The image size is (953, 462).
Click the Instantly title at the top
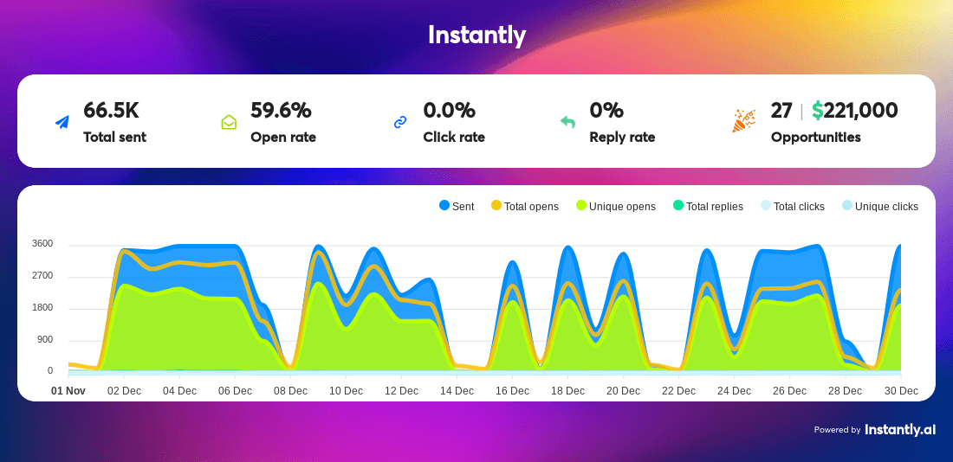(x=476, y=35)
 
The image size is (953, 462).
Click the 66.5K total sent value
(x=111, y=111)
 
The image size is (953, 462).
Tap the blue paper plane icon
(x=62, y=123)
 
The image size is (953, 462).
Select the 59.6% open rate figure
(x=281, y=111)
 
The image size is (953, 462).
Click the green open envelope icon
(x=229, y=123)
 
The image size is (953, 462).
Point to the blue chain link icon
(x=400, y=123)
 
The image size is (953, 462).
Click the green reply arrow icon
(x=567, y=123)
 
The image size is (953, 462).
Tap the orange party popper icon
(x=743, y=121)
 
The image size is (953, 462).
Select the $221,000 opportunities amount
(x=854, y=111)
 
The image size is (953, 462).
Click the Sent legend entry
(x=457, y=207)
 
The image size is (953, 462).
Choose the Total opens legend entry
(x=524, y=207)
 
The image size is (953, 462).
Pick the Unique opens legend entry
(x=616, y=207)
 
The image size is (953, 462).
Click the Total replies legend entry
(x=708, y=207)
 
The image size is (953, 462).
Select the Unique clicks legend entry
(x=880, y=207)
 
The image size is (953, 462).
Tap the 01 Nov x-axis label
(x=68, y=391)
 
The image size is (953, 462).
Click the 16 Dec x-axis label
(x=512, y=391)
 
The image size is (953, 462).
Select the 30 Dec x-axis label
(x=901, y=391)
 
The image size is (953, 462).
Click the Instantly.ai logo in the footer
(x=900, y=430)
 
